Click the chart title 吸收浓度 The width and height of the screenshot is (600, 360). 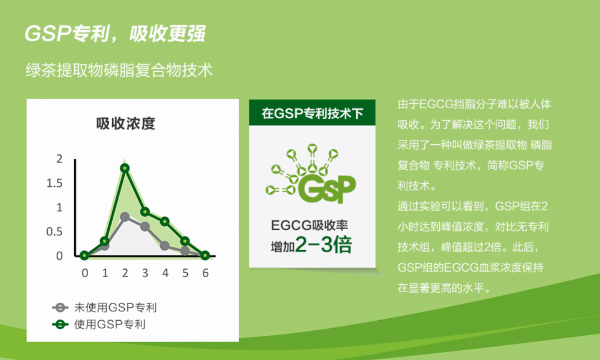point(126,124)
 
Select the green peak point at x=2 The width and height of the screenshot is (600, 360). point(125,168)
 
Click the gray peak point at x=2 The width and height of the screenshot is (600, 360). point(125,217)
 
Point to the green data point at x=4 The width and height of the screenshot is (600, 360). point(165,221)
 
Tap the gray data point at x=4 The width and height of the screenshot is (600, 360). point(165,245)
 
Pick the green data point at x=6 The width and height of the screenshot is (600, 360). point(205,255)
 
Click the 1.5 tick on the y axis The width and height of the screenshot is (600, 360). point(54,183)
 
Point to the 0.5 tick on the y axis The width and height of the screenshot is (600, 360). point(54,232)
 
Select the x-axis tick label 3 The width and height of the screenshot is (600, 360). point(145,273)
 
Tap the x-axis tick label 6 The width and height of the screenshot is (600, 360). point(205,273)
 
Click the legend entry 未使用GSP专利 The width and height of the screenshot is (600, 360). point(104,308)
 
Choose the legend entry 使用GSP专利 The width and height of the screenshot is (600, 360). point(99,325)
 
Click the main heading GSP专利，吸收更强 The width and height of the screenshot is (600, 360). point(115,33)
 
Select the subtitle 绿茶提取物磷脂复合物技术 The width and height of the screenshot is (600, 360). point(119,70)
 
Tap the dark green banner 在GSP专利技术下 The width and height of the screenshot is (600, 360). point(312,113)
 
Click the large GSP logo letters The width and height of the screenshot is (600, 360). point(327,189)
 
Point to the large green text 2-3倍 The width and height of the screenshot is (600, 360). point(323,245)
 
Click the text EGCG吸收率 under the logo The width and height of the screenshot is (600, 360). point(310,226)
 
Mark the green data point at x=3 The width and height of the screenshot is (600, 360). point(145,212)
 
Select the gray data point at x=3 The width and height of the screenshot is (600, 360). point(145,227)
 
